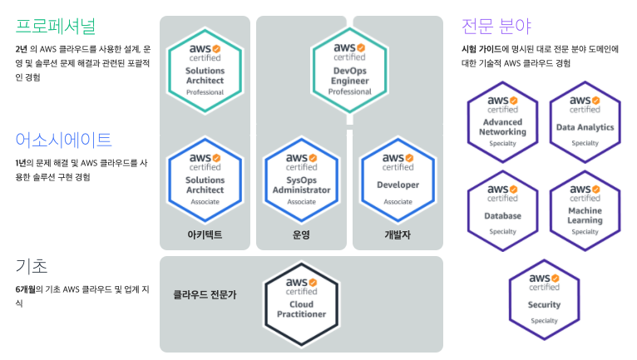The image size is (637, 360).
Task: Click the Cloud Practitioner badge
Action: pos(301,303)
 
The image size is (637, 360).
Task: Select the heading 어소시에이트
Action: pos(63,139)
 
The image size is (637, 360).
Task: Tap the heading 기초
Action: pos(32,266)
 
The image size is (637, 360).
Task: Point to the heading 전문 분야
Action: pos(496,24)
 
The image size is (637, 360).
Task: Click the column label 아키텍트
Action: pos(205,234)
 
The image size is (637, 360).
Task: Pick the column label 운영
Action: pos(301,234)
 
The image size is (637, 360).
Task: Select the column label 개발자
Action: pos(398,234)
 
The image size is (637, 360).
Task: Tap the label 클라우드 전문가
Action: pos(205,294)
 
